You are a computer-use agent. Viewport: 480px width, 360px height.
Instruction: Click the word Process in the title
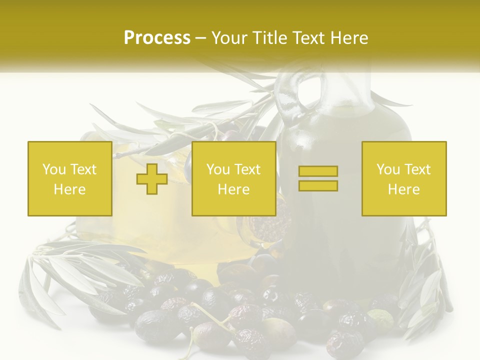tap(157, 38)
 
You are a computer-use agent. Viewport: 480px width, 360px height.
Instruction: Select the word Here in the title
tap(351, 38)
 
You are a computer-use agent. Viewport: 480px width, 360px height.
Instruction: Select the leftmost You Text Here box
tap(70, 178)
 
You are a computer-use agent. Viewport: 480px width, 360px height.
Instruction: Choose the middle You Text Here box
tap(233, 178)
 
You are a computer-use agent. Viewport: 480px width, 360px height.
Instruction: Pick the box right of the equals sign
tap(404, 178)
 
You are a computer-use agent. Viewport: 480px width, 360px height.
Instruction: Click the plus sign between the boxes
tap(152, 179)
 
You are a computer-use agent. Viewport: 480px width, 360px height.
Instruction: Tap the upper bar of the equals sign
tap(318, 171)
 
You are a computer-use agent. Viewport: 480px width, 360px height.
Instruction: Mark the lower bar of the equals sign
tap(318, 185)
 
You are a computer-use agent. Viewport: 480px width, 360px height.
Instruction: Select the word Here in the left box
tap(70, 189)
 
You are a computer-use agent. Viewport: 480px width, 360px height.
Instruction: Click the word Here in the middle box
tap(234, 189)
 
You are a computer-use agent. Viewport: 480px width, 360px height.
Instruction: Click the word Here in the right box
tap(404, 189)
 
